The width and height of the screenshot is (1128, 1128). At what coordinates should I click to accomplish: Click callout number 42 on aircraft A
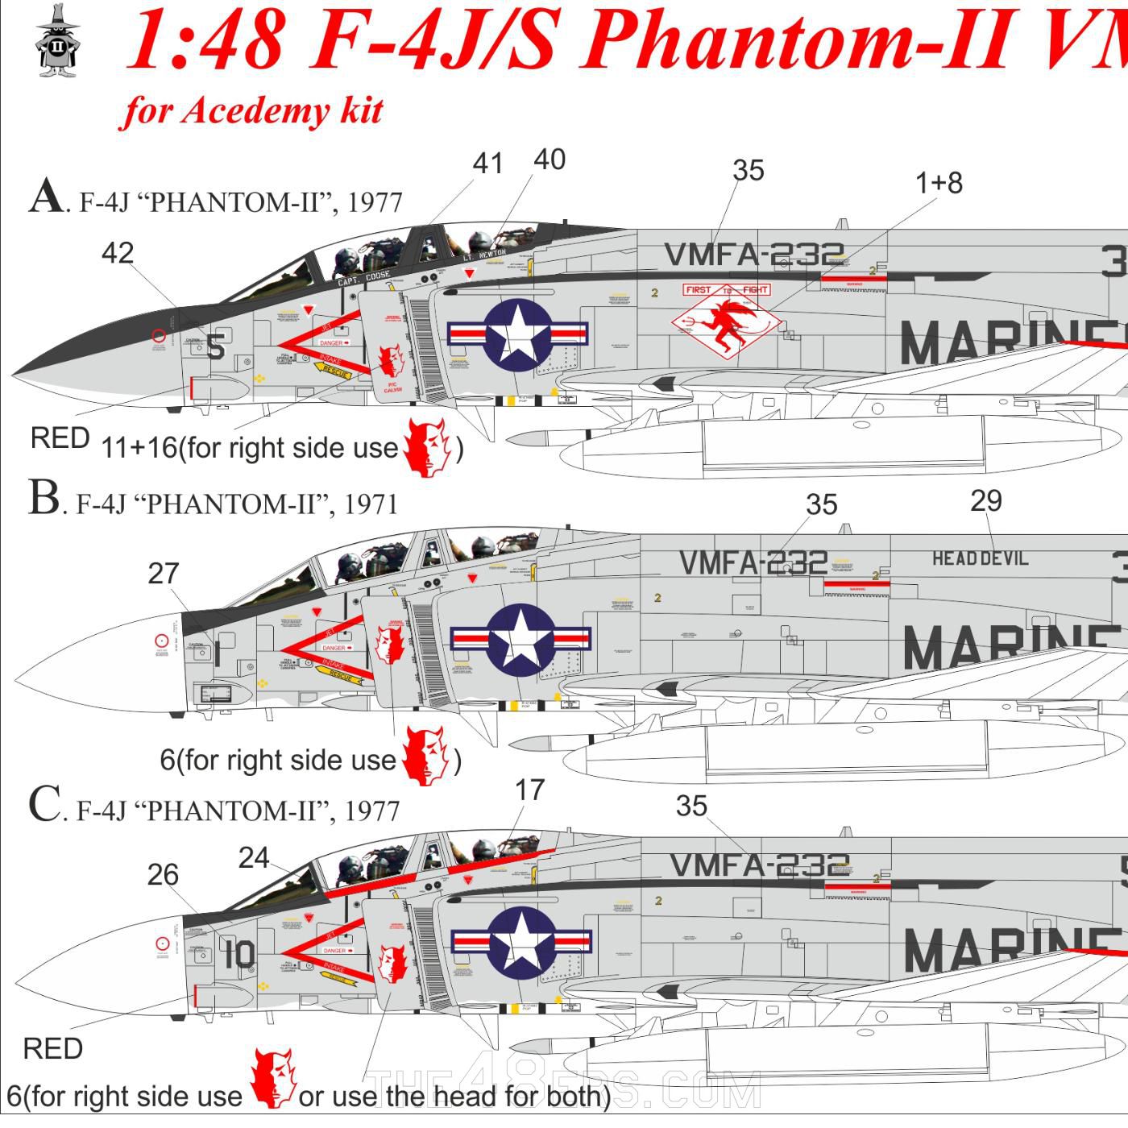(x=118, y=253)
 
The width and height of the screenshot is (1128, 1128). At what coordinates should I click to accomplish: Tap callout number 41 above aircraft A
(x=487, y=163)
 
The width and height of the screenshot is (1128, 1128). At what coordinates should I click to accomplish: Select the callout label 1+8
(x=939, y=183)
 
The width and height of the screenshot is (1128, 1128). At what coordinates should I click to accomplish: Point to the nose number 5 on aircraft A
(x=215, y=346)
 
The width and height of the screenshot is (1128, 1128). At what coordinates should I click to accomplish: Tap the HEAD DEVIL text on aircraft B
(x=980, y=558)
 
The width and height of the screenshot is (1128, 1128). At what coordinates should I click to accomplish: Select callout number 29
(x=986, y=501)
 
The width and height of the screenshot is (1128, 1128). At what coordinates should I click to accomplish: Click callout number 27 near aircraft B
(x=164, y=574)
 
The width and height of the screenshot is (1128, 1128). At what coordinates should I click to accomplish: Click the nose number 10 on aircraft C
(x=240, y=955)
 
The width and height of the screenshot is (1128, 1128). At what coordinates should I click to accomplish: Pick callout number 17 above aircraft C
(x=529, y=790)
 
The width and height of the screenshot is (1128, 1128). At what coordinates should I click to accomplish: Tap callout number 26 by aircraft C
(x=163, y=875)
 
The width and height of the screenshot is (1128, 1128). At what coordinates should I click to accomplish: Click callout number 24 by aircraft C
(x=254, y=858)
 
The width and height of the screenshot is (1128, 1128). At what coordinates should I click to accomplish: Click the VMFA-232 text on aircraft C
(x=759, y=865)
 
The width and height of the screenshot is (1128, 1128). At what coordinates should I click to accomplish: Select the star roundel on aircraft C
(x=522, y=940)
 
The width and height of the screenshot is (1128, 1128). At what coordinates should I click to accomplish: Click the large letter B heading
(x=44, y=498)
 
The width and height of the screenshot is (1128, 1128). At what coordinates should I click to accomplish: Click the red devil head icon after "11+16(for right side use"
(x=427, y=447)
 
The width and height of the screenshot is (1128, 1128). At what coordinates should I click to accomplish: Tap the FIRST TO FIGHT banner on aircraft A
(x=727, y=289)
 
